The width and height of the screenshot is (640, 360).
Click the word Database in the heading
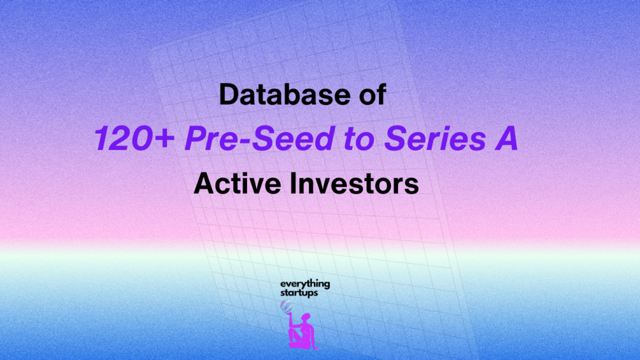[x=285, y=94]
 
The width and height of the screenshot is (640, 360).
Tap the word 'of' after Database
[x=373, y=94]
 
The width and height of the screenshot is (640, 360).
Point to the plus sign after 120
[x=162, y=139]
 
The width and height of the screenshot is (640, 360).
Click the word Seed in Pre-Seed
[x=294, y=138]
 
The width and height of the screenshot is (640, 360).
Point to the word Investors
[x=354, y=184]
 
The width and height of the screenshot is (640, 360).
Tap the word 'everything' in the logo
[x=305, y=284]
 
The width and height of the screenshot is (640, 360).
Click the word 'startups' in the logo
[x=299, y=292]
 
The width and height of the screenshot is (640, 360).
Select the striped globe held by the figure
[x=286, y=306]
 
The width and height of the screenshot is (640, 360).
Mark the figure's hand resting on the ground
[x=316, y=348]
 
